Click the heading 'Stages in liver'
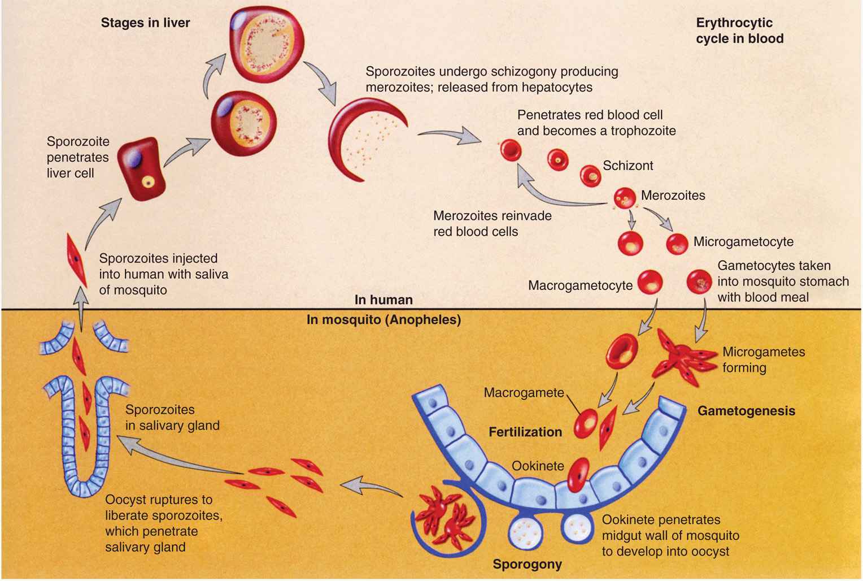tap(145, 23)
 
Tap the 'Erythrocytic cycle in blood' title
tap(739, 31)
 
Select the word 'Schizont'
tap(627, 166)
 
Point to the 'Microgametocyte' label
tap(743, 242)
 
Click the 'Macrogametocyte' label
tap(580, 285)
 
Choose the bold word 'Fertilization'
tap(525, 432)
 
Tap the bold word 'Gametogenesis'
tap(746, 411)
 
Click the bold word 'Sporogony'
tap(527, 564)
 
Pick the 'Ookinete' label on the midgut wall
tap(538, 466)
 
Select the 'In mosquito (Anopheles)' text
tap(383, 320)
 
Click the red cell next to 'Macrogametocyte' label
tap(650, 281)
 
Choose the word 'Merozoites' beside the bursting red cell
tap(673, 196)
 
